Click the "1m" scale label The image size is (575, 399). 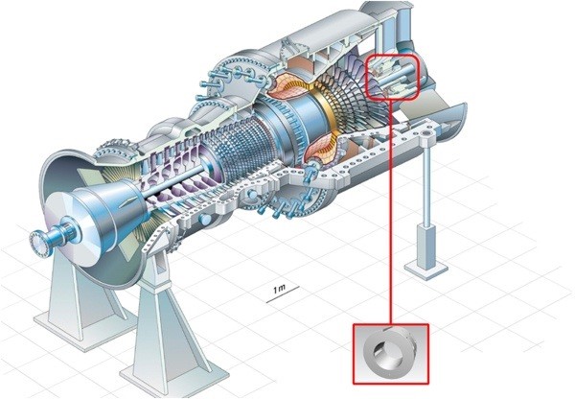click(279, 289)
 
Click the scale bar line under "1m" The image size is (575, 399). click(283, 294)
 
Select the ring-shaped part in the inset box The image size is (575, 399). click(389, 352)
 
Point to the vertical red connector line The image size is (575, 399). click(391, 212)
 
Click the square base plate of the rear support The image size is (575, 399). click(426, 269)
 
